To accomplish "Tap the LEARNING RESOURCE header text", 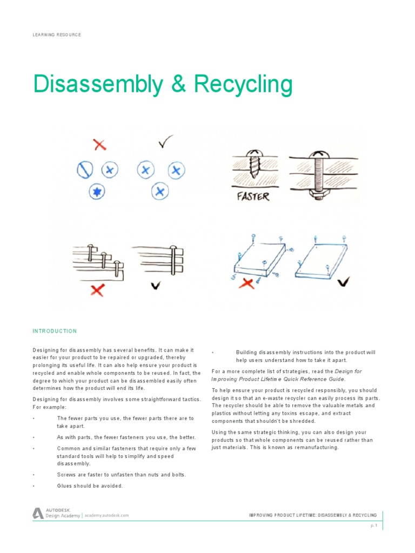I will point(57,35).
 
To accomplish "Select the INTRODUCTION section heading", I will point(55,331).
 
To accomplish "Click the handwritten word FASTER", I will point(253,196).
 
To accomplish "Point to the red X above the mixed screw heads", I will point(99,144).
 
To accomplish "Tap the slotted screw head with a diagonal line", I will point(83,171).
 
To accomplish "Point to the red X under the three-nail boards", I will point(97,290).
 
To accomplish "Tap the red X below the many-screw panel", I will point(248,283).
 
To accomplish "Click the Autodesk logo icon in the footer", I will point(38,514).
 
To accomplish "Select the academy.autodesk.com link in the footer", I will point(106,515).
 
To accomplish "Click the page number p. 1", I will point(373,525).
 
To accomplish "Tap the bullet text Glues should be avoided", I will point(90,485).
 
